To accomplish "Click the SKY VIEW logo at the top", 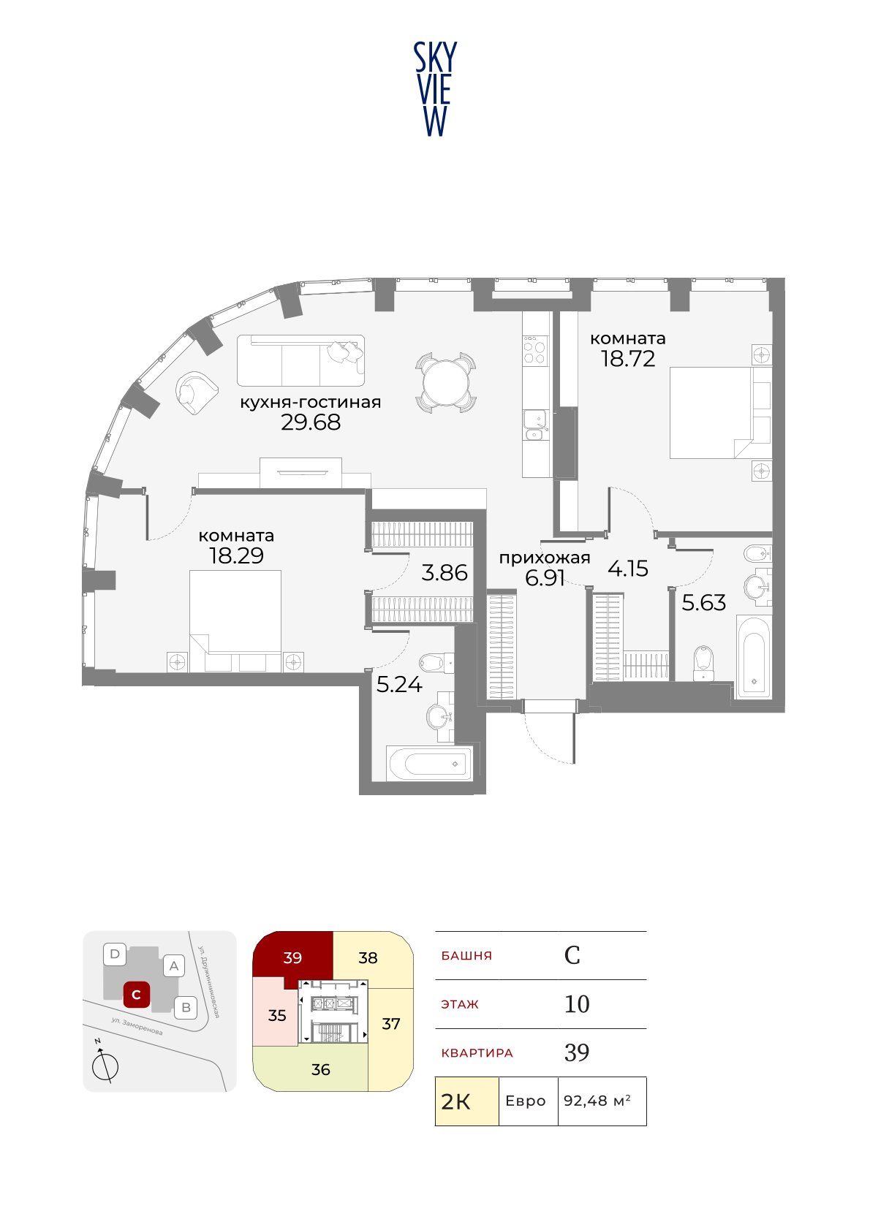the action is click(435, 89).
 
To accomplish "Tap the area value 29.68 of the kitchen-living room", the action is click(311, 422).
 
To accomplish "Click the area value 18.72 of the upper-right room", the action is click(628, 359).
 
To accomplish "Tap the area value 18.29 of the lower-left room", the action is click(236, 555).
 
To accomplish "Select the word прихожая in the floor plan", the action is click(545, 558).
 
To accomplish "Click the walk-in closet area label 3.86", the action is click(445, 573).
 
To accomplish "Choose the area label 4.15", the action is click(628, 569).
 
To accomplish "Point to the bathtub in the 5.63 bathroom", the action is click(754, 657).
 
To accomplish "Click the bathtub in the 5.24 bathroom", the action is click(429, 763).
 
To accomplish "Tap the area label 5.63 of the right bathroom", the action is click(703, 603).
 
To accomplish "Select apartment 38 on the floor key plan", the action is click(368, 957).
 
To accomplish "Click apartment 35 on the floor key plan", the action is click(277, 1015).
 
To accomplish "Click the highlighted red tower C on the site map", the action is click(136, 995).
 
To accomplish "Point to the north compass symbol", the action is click(105, 1063).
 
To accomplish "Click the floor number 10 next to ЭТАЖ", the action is click(577, 1003).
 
